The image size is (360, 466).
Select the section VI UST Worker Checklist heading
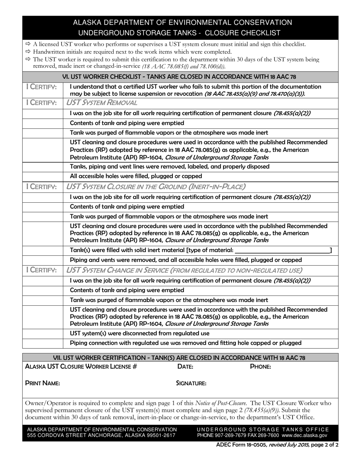180,77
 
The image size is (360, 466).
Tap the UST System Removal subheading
102,103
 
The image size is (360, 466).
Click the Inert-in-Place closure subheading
156,186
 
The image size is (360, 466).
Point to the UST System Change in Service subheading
184,270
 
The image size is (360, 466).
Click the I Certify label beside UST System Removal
42,103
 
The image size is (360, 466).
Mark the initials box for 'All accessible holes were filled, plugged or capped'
42,176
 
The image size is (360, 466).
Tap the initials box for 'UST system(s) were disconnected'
42,333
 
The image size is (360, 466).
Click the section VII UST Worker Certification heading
180,358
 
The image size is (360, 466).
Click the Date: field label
185,367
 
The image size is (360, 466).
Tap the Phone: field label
260,367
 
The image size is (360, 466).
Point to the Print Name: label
42,383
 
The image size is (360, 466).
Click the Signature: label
191,383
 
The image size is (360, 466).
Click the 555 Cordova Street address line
101,436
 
